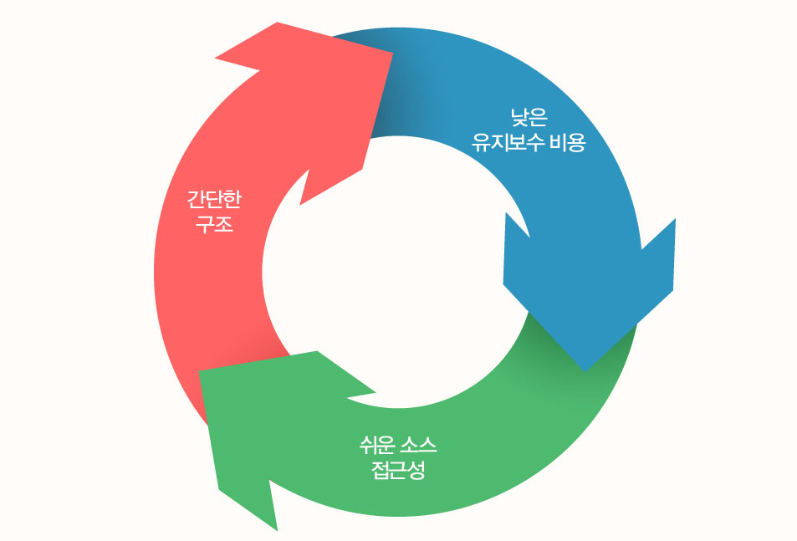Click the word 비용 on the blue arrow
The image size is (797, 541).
569,142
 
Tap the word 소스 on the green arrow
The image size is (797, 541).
418,443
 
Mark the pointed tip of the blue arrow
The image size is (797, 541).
586,369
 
